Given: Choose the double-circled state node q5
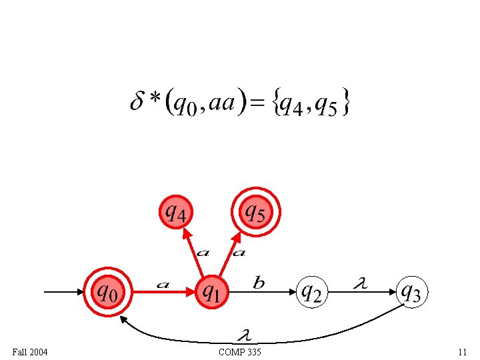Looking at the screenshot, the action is pos(257,213).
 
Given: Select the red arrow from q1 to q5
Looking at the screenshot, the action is pos(234,252).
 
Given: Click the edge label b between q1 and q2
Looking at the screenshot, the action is pos(259,283).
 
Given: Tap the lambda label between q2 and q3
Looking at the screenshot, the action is pos(360,284).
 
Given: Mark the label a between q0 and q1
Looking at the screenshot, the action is pos(162,285).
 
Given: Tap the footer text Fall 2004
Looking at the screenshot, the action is pos(30,351).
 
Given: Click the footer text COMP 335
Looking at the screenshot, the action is pos(240,351).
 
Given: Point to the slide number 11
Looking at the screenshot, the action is pos(462,351).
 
